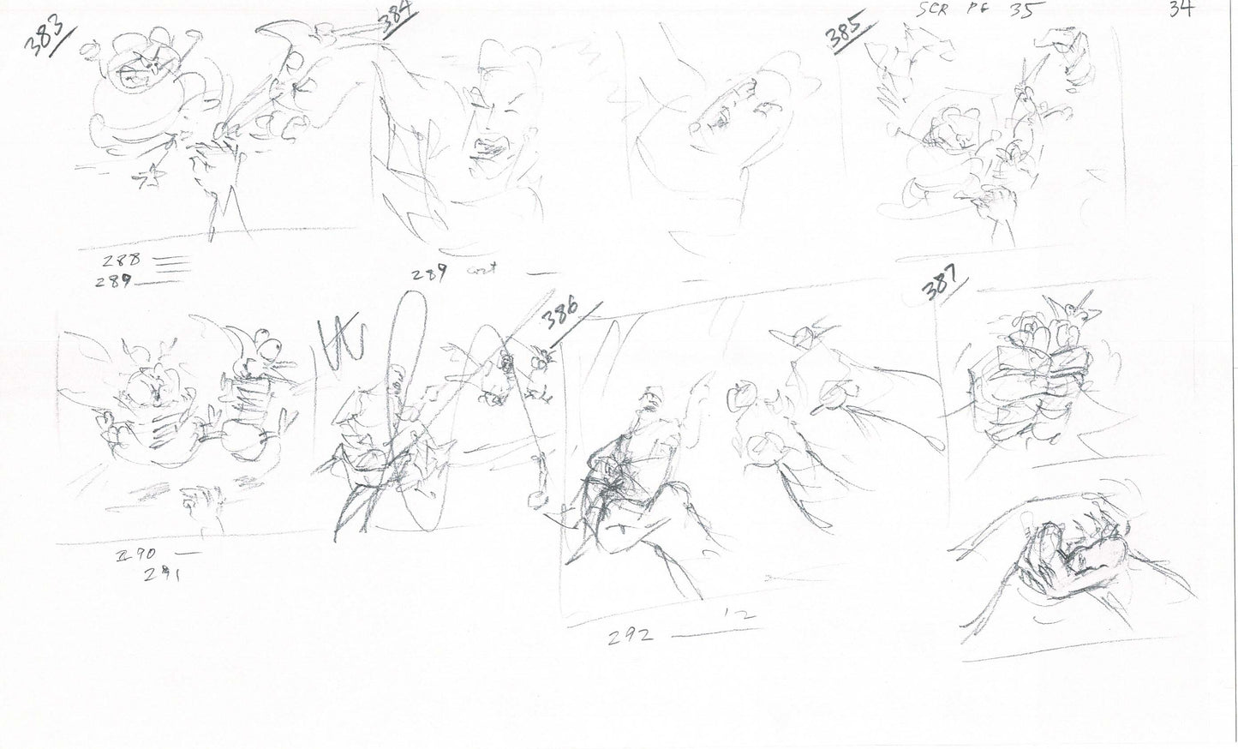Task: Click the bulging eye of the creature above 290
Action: click(272, 349)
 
